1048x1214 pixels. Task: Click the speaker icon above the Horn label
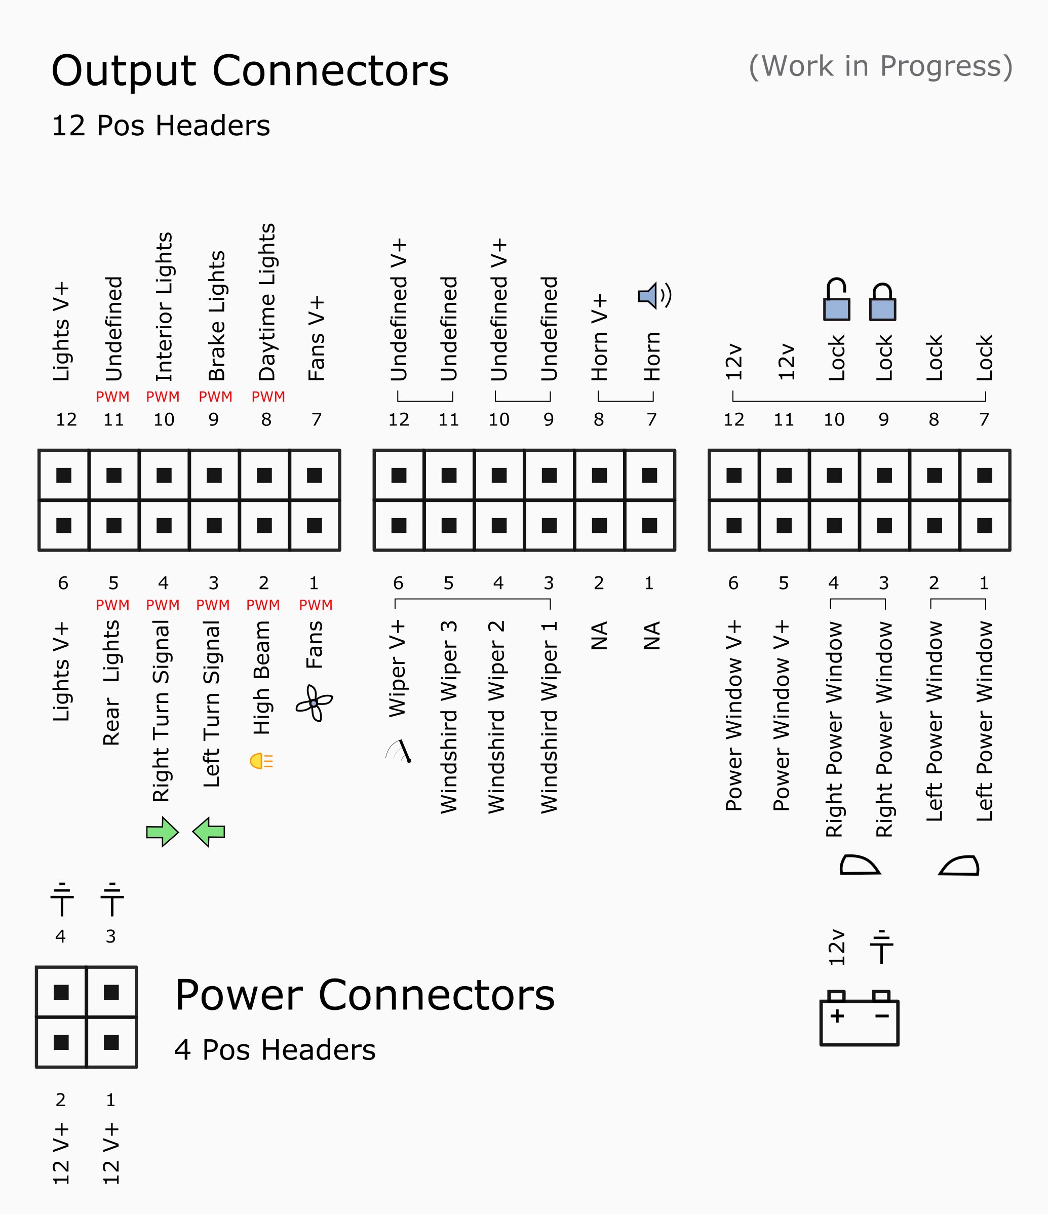pos(653,296)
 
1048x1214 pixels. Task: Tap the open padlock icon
pos(836,300)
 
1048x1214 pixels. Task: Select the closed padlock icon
pos(882,303)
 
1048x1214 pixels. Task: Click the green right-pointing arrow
pos(163,832)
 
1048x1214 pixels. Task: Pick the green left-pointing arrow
pos(209,832)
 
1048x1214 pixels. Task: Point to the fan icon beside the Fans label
pos(314,703)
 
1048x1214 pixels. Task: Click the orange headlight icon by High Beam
pos(261,761)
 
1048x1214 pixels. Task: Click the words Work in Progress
pos(880,66)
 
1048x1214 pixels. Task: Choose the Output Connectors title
pos(250,71)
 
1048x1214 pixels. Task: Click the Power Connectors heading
pos(365,995)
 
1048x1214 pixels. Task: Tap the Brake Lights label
pos(217,317)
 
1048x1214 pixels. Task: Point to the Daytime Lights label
pos(267,302)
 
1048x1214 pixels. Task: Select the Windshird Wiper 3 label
pos(448,717)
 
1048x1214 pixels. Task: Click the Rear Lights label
pos(111,683)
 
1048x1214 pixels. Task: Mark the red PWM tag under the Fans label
pos(316,605)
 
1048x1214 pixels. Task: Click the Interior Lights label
pos(164,307)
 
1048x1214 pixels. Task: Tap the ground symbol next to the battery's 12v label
pos(881,947)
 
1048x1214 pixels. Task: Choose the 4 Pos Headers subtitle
pos(275,1050)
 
